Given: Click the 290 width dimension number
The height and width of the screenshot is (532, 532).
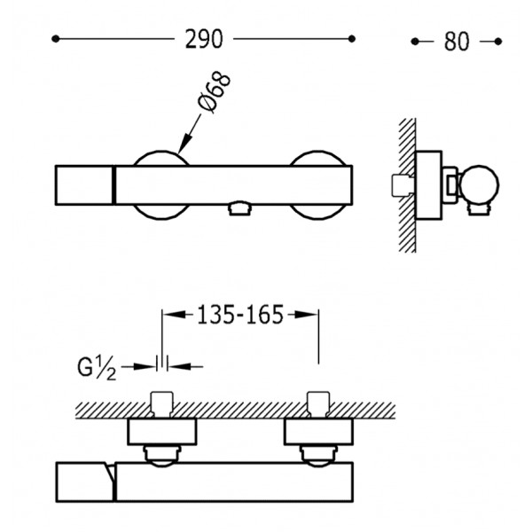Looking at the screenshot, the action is click(204, 39).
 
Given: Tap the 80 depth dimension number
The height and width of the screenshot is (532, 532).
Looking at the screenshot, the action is click(457, 42).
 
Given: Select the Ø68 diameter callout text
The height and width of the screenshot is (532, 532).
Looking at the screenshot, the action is click(215, 92).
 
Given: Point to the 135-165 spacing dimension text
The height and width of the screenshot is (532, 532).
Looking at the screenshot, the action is click(240, 315).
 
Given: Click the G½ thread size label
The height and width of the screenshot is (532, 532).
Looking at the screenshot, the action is click(97, 369).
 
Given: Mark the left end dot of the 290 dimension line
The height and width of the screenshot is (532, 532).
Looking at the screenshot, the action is click(56, 39).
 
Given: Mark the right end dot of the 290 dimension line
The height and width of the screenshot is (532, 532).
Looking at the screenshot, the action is click(352, 39).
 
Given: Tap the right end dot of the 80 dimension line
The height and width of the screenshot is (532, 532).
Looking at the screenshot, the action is click(498, 42).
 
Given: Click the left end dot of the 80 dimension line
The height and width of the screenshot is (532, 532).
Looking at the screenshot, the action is click(415, 42).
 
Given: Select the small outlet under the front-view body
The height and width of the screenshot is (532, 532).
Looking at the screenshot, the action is click(240, 208).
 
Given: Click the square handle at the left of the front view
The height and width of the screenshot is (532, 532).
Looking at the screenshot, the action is click(84, 185).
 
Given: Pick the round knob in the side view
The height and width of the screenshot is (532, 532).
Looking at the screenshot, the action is click(480, 185).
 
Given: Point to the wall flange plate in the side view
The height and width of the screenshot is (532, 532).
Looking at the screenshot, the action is click(428, 185).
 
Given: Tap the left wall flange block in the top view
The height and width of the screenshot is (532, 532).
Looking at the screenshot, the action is click(162, 432).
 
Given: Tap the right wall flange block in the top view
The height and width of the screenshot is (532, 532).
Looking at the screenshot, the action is click(318, 432).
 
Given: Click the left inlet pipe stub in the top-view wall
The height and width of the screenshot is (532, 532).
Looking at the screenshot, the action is click(162, 404).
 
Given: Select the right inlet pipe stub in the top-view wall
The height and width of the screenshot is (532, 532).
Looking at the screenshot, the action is click(318, 404).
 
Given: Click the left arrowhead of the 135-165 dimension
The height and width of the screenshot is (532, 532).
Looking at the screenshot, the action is click(174, 315).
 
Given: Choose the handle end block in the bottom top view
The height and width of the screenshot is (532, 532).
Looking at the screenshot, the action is click(85, 481).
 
